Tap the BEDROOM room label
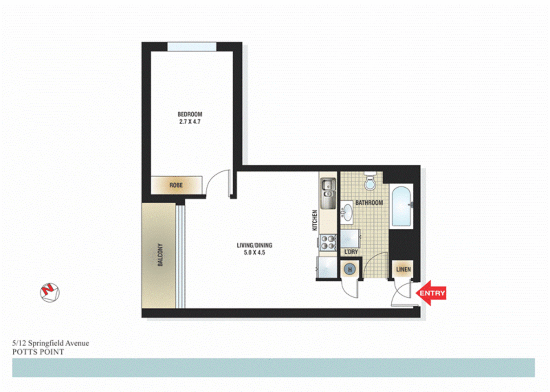point(190,114)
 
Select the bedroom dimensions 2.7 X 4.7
point(190,122)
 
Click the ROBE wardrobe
point(176,185)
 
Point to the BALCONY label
point(160,255)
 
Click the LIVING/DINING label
point(254,245)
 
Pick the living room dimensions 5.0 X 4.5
point(254,253)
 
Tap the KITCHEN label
point(315,220)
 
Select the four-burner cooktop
point(328,242)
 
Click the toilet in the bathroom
point(370,181)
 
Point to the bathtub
point(402,207)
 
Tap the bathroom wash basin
point(347,212)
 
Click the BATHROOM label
point(369,203)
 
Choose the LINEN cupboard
point(403,269)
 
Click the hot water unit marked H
point(350,270)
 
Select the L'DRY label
point(351,252)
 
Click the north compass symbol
point(50,293)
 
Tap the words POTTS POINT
point(38,352)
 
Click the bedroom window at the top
point(192,47)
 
